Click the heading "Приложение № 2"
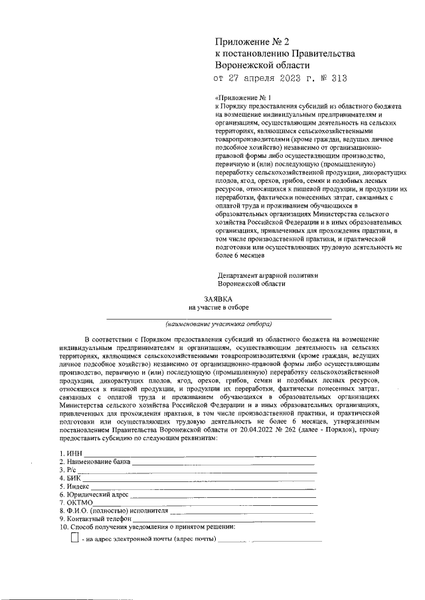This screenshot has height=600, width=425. click(253, 42)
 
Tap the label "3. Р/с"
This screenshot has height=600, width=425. click(70, 469)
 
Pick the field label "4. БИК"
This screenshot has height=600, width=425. click(70, 477)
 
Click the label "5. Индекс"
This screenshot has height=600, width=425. click(74, 486)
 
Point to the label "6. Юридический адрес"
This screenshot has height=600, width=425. click(93, 495)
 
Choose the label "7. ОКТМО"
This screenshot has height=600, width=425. click(76, 503)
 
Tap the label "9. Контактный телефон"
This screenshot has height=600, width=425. click(94, 519)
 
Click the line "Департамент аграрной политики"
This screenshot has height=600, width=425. click(268, 274)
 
